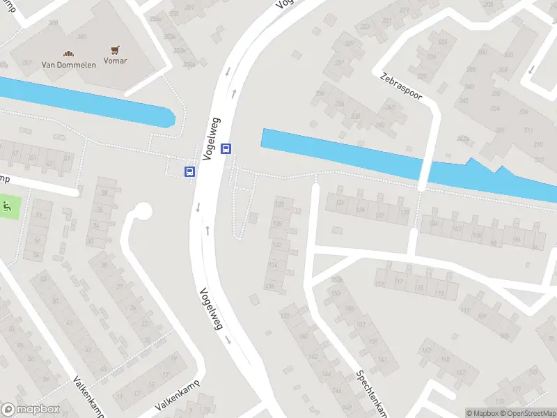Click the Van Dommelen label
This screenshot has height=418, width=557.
pyautogui.click(x=68, y=64)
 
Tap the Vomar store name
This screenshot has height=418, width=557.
pyautogui.click(x=115, y=61)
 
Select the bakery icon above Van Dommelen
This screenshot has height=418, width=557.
pyautogui.click(x=68, y=52)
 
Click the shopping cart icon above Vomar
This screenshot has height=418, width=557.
pyautogui.click(x=115, y=50)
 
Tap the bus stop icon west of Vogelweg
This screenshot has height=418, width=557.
pyautogui.click(x=189, y=171)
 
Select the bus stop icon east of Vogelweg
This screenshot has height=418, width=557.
pyautogui.click(x=226, y=148)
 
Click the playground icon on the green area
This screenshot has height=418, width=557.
pyautogui.click(x=8, y=206)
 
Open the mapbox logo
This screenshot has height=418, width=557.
pyautogui.click(x=30, y=410)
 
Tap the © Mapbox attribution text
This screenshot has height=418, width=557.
pyautogui.click(x=483, y=413)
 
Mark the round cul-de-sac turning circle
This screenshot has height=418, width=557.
pyautogui.click(x=143, y=210)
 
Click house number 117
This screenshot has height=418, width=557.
pyautogui.click(x=400, y=283)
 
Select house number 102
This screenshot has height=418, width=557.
pyautogui.click(x=457, y=229)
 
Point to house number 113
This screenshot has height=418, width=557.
pyautogui.click(x=439, y=293)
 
